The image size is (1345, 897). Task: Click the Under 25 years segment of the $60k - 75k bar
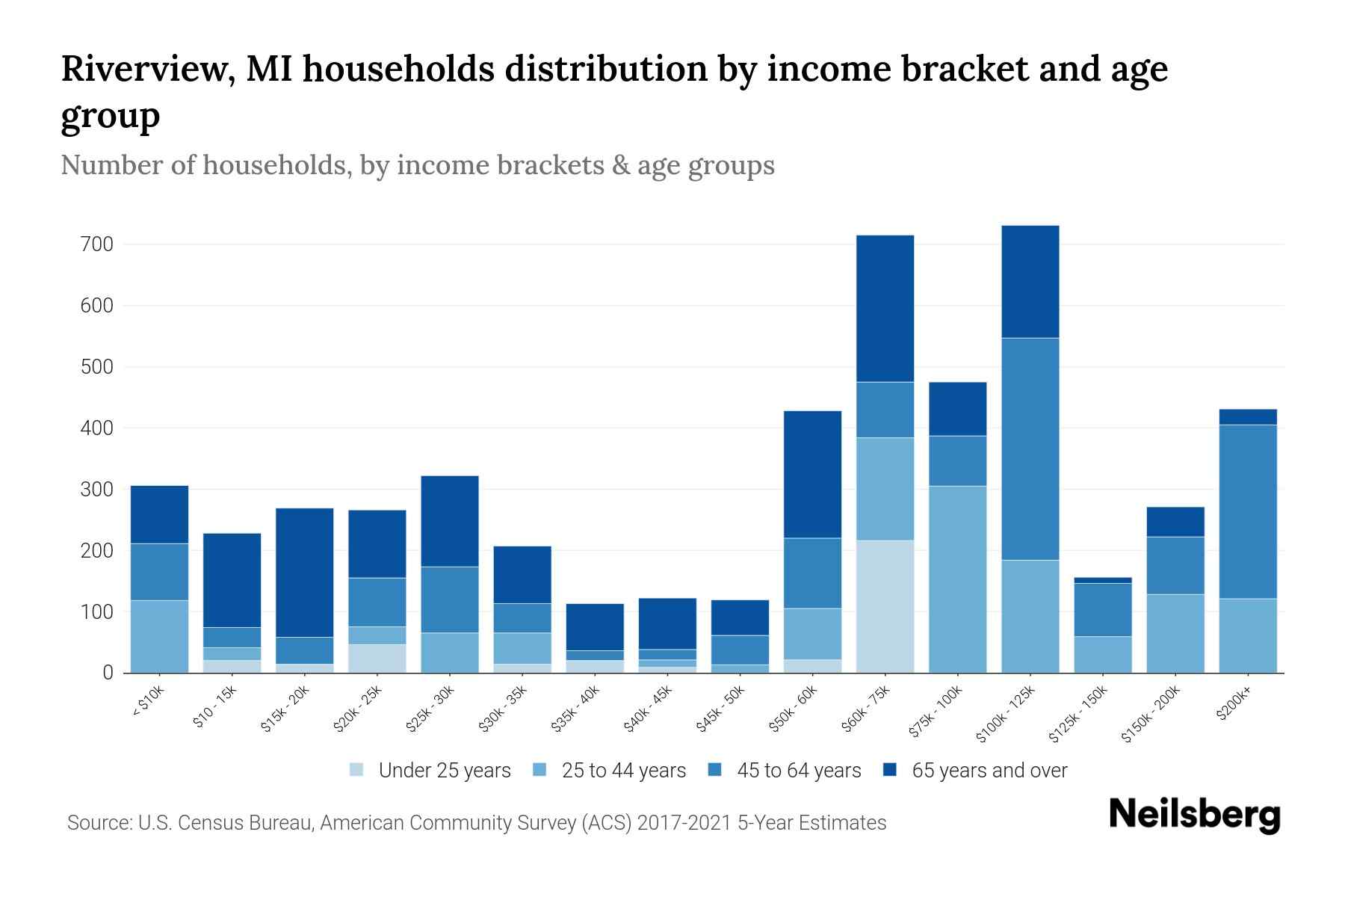pyautogui.click(x=885, y=606)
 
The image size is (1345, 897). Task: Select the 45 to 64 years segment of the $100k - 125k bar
pyautogui.click(x=1030, y=449)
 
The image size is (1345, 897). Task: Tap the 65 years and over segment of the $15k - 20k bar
pyautogui.click(x=304, y=573)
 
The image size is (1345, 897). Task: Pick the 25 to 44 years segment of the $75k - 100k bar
pyautogui.click(x=957, y=579)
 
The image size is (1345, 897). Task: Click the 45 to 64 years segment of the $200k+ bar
pyautogui.click(x=1247, y=511)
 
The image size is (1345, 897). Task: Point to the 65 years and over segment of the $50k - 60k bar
pyautogui.click(x=812, y=474)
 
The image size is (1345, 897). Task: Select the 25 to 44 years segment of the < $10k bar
pyautogui.click(x=159, y=636)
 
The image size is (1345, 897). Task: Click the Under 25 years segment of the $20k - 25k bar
pyautogui.click(x=377, y=658)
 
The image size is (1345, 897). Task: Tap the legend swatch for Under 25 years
pyautogui.click(x=357, y=770)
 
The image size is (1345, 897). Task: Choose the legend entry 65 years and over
pyautogui.click(x=989, y=770)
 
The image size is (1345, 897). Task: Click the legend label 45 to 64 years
pyautogui.click(x=798, y=770)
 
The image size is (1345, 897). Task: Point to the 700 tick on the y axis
pyautogui.click(x=97, y=244)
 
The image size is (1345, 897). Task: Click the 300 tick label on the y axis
pyautogui.click(x=97, y=490)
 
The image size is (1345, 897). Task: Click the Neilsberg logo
pyautogui.click(x=1194, y=815)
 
